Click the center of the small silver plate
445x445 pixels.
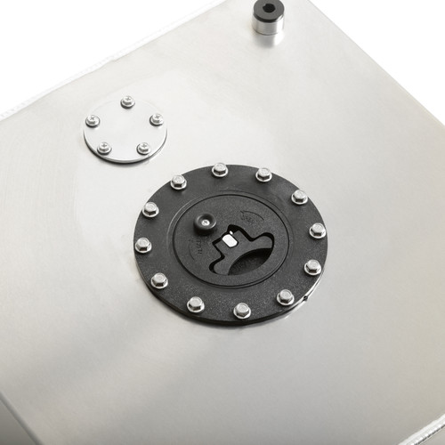[x=125, y=130]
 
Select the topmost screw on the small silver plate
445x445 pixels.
[x=127, y=101]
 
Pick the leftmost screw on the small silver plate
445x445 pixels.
[x=93, y=121]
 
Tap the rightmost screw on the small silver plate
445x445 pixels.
[x=157, y=119]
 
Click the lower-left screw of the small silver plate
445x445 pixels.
[x=104, y=149]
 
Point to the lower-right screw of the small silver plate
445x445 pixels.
[x=143, y=149]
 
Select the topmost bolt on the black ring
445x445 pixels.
[x=220, y=168]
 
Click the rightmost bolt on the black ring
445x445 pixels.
[x=318, y=231]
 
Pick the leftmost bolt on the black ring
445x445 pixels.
[x=142, y=244]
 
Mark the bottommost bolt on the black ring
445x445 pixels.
[x=242, y=311]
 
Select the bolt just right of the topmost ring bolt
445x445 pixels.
[x=263, y=174]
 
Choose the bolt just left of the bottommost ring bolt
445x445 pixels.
[x=196, y=304]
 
